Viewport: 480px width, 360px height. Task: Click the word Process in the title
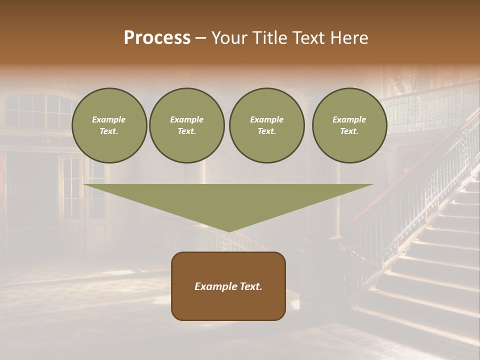[157, 38]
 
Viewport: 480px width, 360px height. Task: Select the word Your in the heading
[229, 38]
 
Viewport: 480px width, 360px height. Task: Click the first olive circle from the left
[109, 125]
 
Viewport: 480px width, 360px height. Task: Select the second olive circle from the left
[187, 125]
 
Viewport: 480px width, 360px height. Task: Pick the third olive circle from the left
[266, 125]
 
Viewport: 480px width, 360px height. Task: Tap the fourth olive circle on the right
[349, 125]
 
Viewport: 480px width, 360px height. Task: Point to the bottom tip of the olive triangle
[228, 230]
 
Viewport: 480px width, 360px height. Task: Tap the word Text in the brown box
[249, 286]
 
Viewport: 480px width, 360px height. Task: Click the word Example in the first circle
[109, 119]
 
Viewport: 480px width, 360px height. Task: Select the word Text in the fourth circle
[349, 131]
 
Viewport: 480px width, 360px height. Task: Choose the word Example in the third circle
[266, 119]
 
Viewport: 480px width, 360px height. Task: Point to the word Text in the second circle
[187, 131]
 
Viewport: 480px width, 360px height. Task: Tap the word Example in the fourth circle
[349, 119]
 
